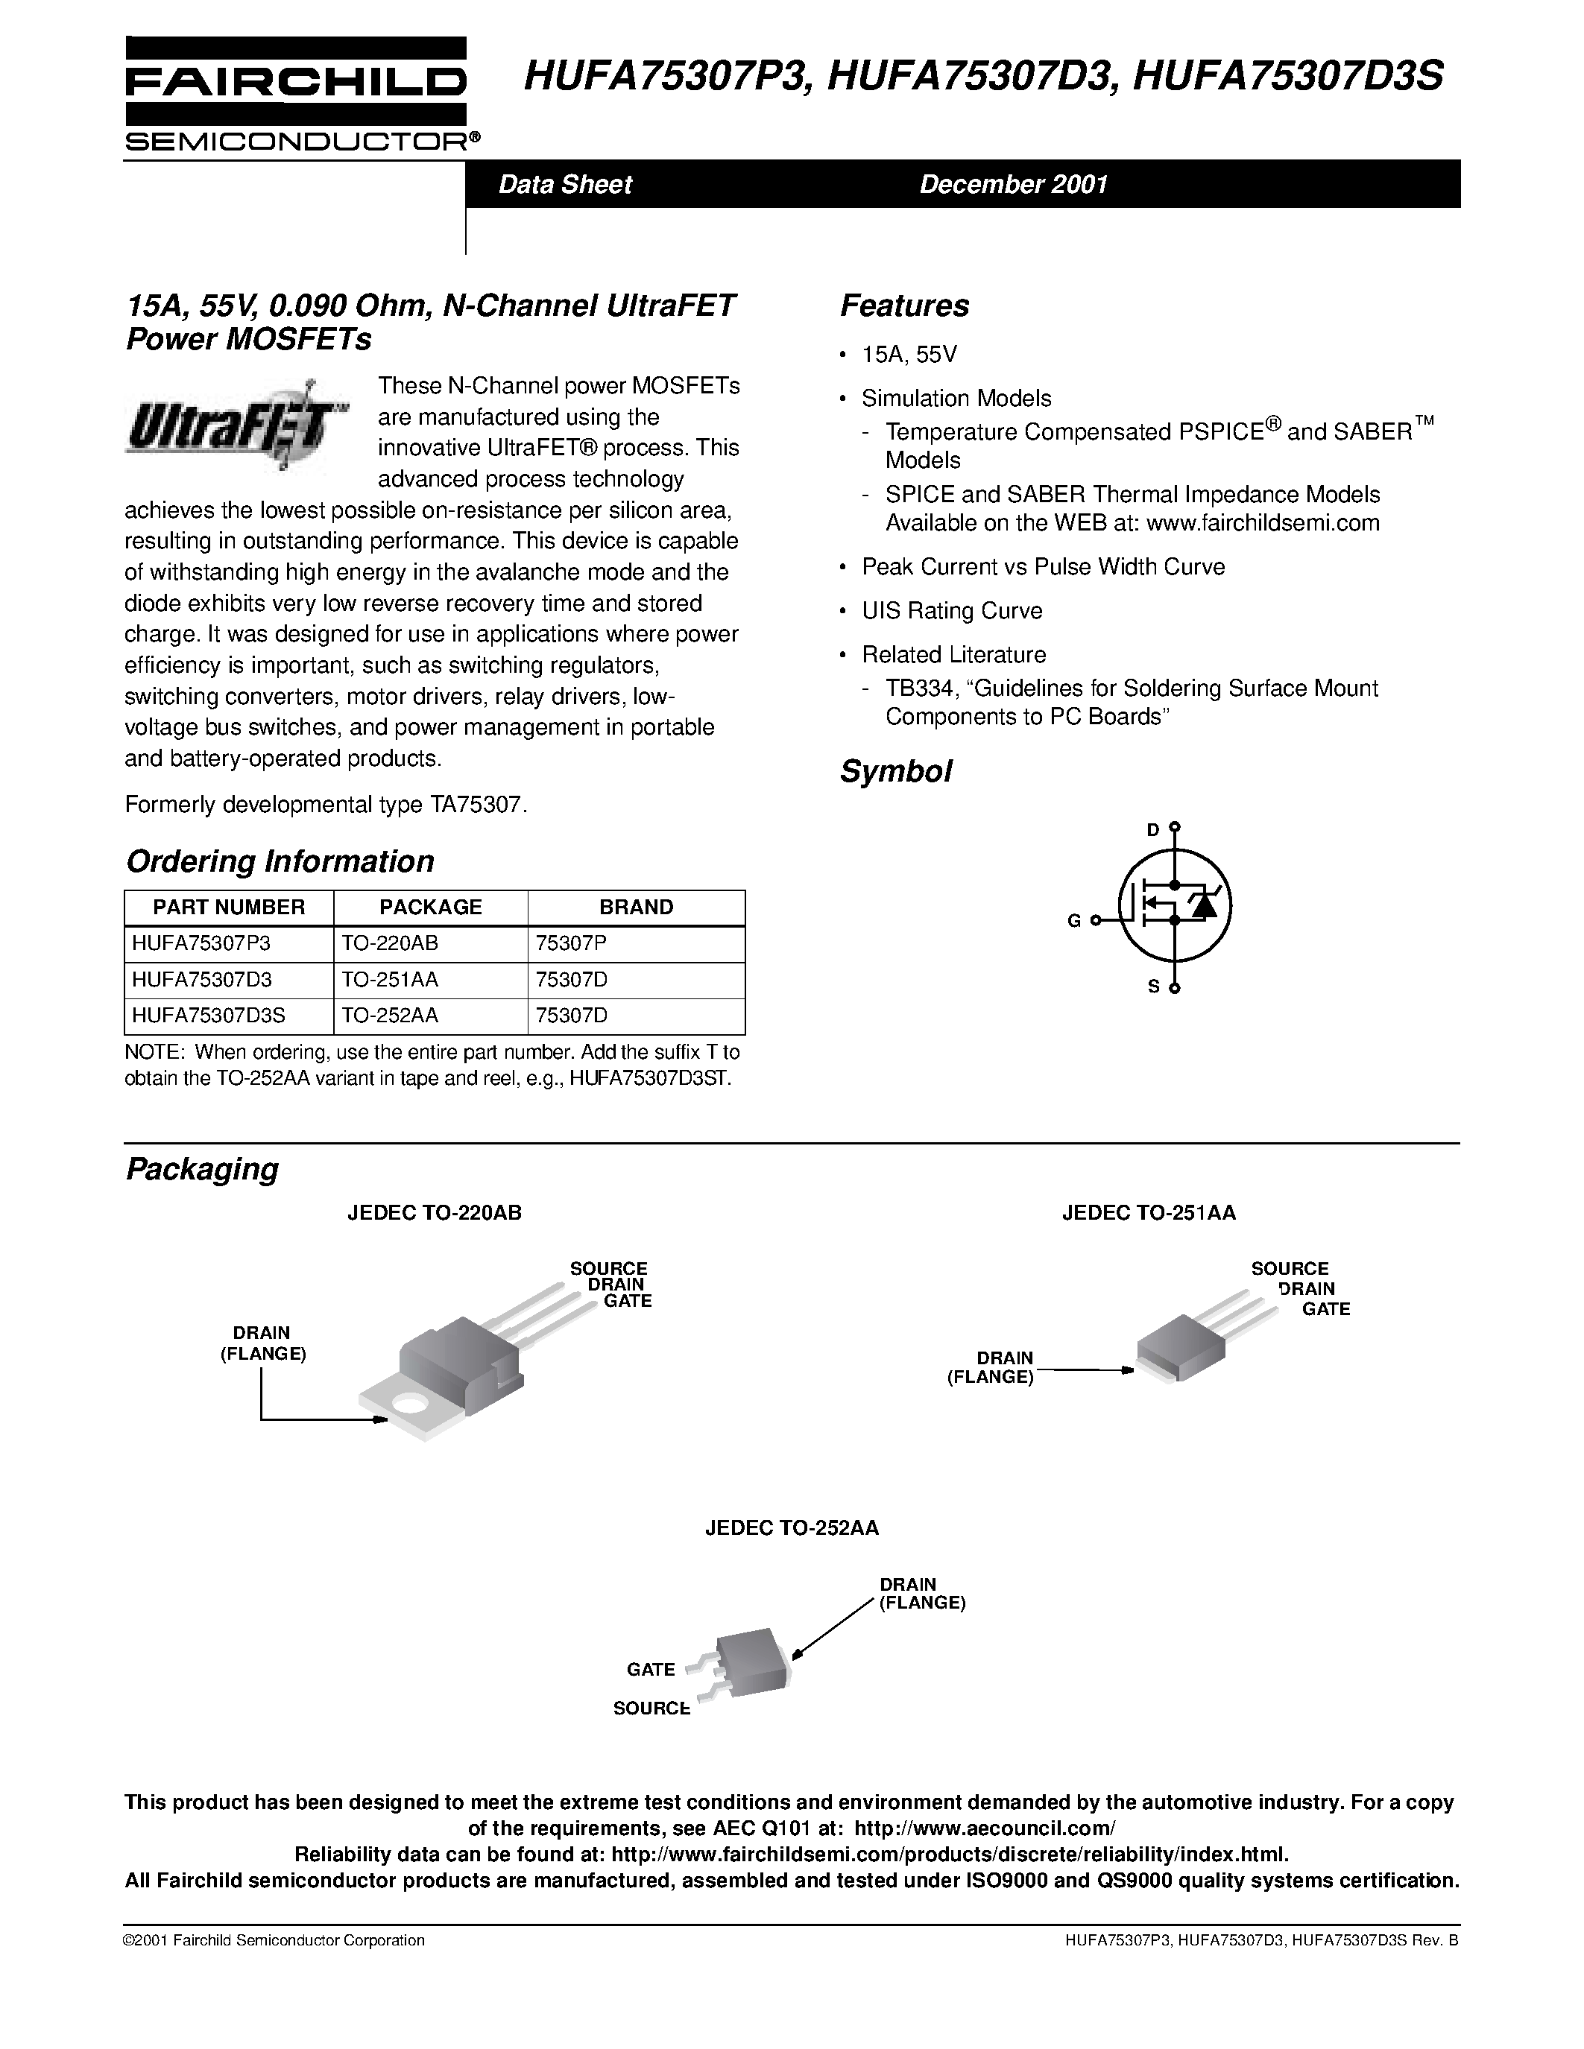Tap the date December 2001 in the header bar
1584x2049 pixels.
1014,184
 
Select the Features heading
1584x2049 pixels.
903,305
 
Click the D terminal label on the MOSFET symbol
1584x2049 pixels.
1153,829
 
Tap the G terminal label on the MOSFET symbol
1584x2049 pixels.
1074,921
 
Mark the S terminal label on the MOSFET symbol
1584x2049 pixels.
1154,986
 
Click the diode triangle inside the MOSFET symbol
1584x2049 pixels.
1203,905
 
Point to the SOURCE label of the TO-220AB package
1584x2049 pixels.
608,1268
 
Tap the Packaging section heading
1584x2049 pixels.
203,1169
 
